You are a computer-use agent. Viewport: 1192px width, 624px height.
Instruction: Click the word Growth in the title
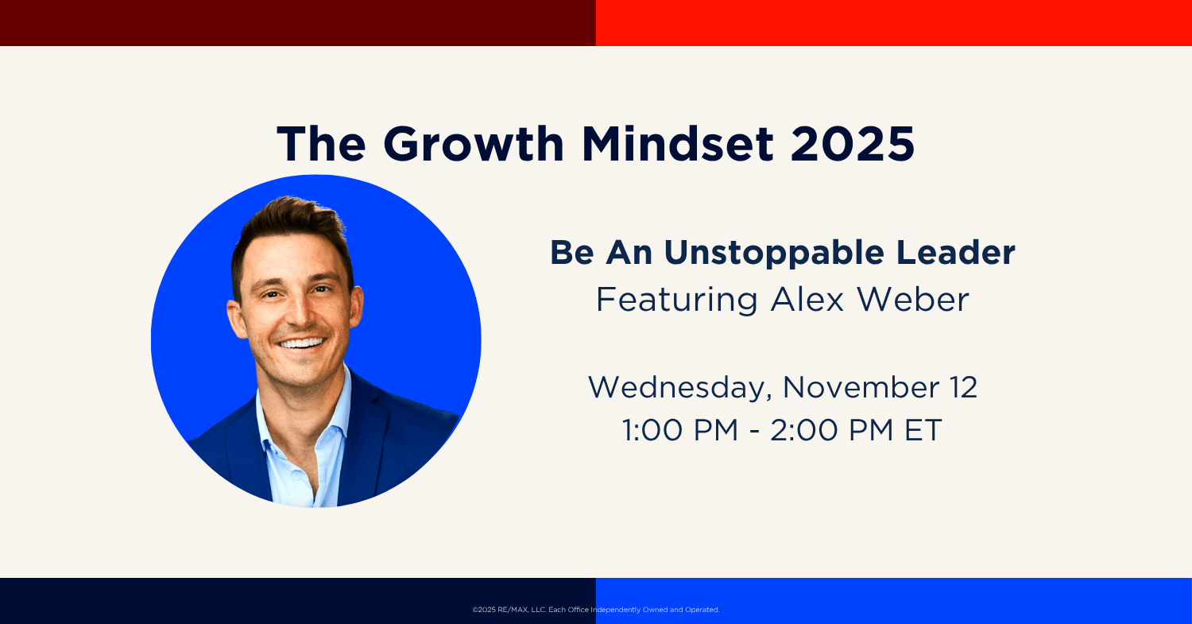(473, 144)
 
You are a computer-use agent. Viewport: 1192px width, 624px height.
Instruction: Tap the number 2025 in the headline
(852, 144)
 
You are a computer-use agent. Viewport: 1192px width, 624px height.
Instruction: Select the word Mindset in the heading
(677, 144)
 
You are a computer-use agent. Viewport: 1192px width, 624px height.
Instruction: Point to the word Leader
(956, 252)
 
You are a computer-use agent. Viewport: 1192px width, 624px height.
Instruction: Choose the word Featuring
(676, 300)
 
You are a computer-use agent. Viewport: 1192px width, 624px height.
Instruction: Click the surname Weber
(912, 299)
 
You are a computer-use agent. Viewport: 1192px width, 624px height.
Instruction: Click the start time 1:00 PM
(680, 430)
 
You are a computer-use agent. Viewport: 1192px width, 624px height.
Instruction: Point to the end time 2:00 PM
(832, 430)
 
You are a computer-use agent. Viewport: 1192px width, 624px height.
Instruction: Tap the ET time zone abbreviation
(923, 430)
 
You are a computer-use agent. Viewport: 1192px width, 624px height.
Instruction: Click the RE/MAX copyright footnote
(596, 610)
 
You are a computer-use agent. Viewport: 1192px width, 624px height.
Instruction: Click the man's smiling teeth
(302, 343)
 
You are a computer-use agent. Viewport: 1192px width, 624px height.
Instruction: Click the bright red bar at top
(894, 23)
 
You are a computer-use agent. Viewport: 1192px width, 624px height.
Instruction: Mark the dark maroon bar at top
(298, 23)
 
